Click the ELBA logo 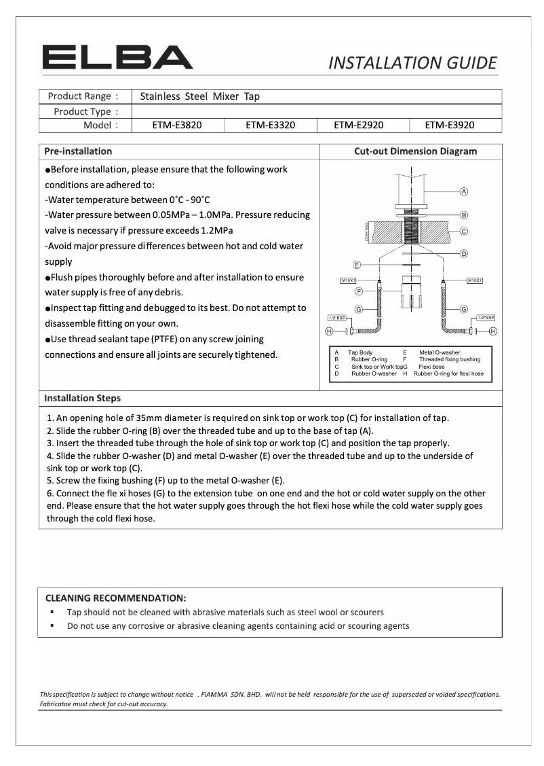click(x=117, y=58)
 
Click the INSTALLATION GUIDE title click(x=412, y=63)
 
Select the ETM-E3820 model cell click(x=176, y=125)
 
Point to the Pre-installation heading click(x=78, y=151)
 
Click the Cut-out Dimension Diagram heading click(x=415, y=151)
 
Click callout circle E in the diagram click(x=356, y=264)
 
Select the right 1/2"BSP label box click(x=485, y=317)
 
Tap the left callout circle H click(x=329, y=331)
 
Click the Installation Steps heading click(x=82, y=398)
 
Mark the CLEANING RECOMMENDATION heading click(x=115, y=598)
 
